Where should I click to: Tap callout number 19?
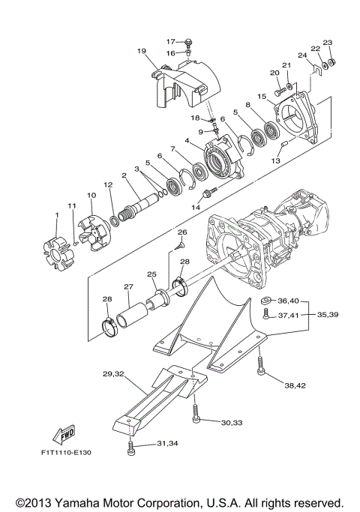click(x=141, y=50)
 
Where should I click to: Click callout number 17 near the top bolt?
click(x=170, y=41)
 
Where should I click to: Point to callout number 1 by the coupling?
click(x=55, y=215)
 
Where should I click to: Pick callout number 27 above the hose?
click(x=128, y=286)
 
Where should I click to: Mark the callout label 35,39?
click(x=328, y=314)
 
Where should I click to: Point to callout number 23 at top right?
click(x=327, y=43)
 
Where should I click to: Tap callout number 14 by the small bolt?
click(x=197, y=205)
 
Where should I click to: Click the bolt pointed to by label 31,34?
click(x=131, y=449)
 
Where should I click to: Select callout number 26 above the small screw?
click(x=180, y=233)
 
